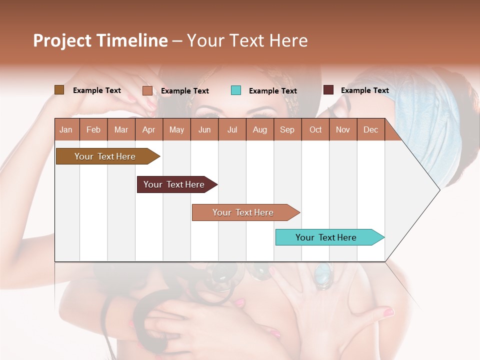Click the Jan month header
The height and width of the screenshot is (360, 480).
tap(66, 129)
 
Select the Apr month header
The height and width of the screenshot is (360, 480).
tap(149, 129)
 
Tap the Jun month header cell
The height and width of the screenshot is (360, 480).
tap(204, 129)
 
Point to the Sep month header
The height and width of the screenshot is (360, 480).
tap(287, 129)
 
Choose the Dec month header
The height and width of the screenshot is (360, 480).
tap(370, 129)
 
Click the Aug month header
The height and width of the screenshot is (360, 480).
tap(260, 129)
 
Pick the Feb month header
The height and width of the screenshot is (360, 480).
tap(93, 129)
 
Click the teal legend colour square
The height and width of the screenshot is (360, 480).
tap(236, 90)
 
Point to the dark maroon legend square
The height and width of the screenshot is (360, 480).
tap(328, 90)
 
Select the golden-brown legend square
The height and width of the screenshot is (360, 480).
tap(59, 90)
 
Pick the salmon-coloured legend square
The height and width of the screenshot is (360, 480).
tap(147, 90)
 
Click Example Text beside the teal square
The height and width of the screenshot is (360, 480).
tap(272, 91)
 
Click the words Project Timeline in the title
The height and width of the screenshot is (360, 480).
tap(100, 40)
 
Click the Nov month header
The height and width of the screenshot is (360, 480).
tap(343, 129)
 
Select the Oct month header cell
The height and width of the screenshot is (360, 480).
tap(315, 129)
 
